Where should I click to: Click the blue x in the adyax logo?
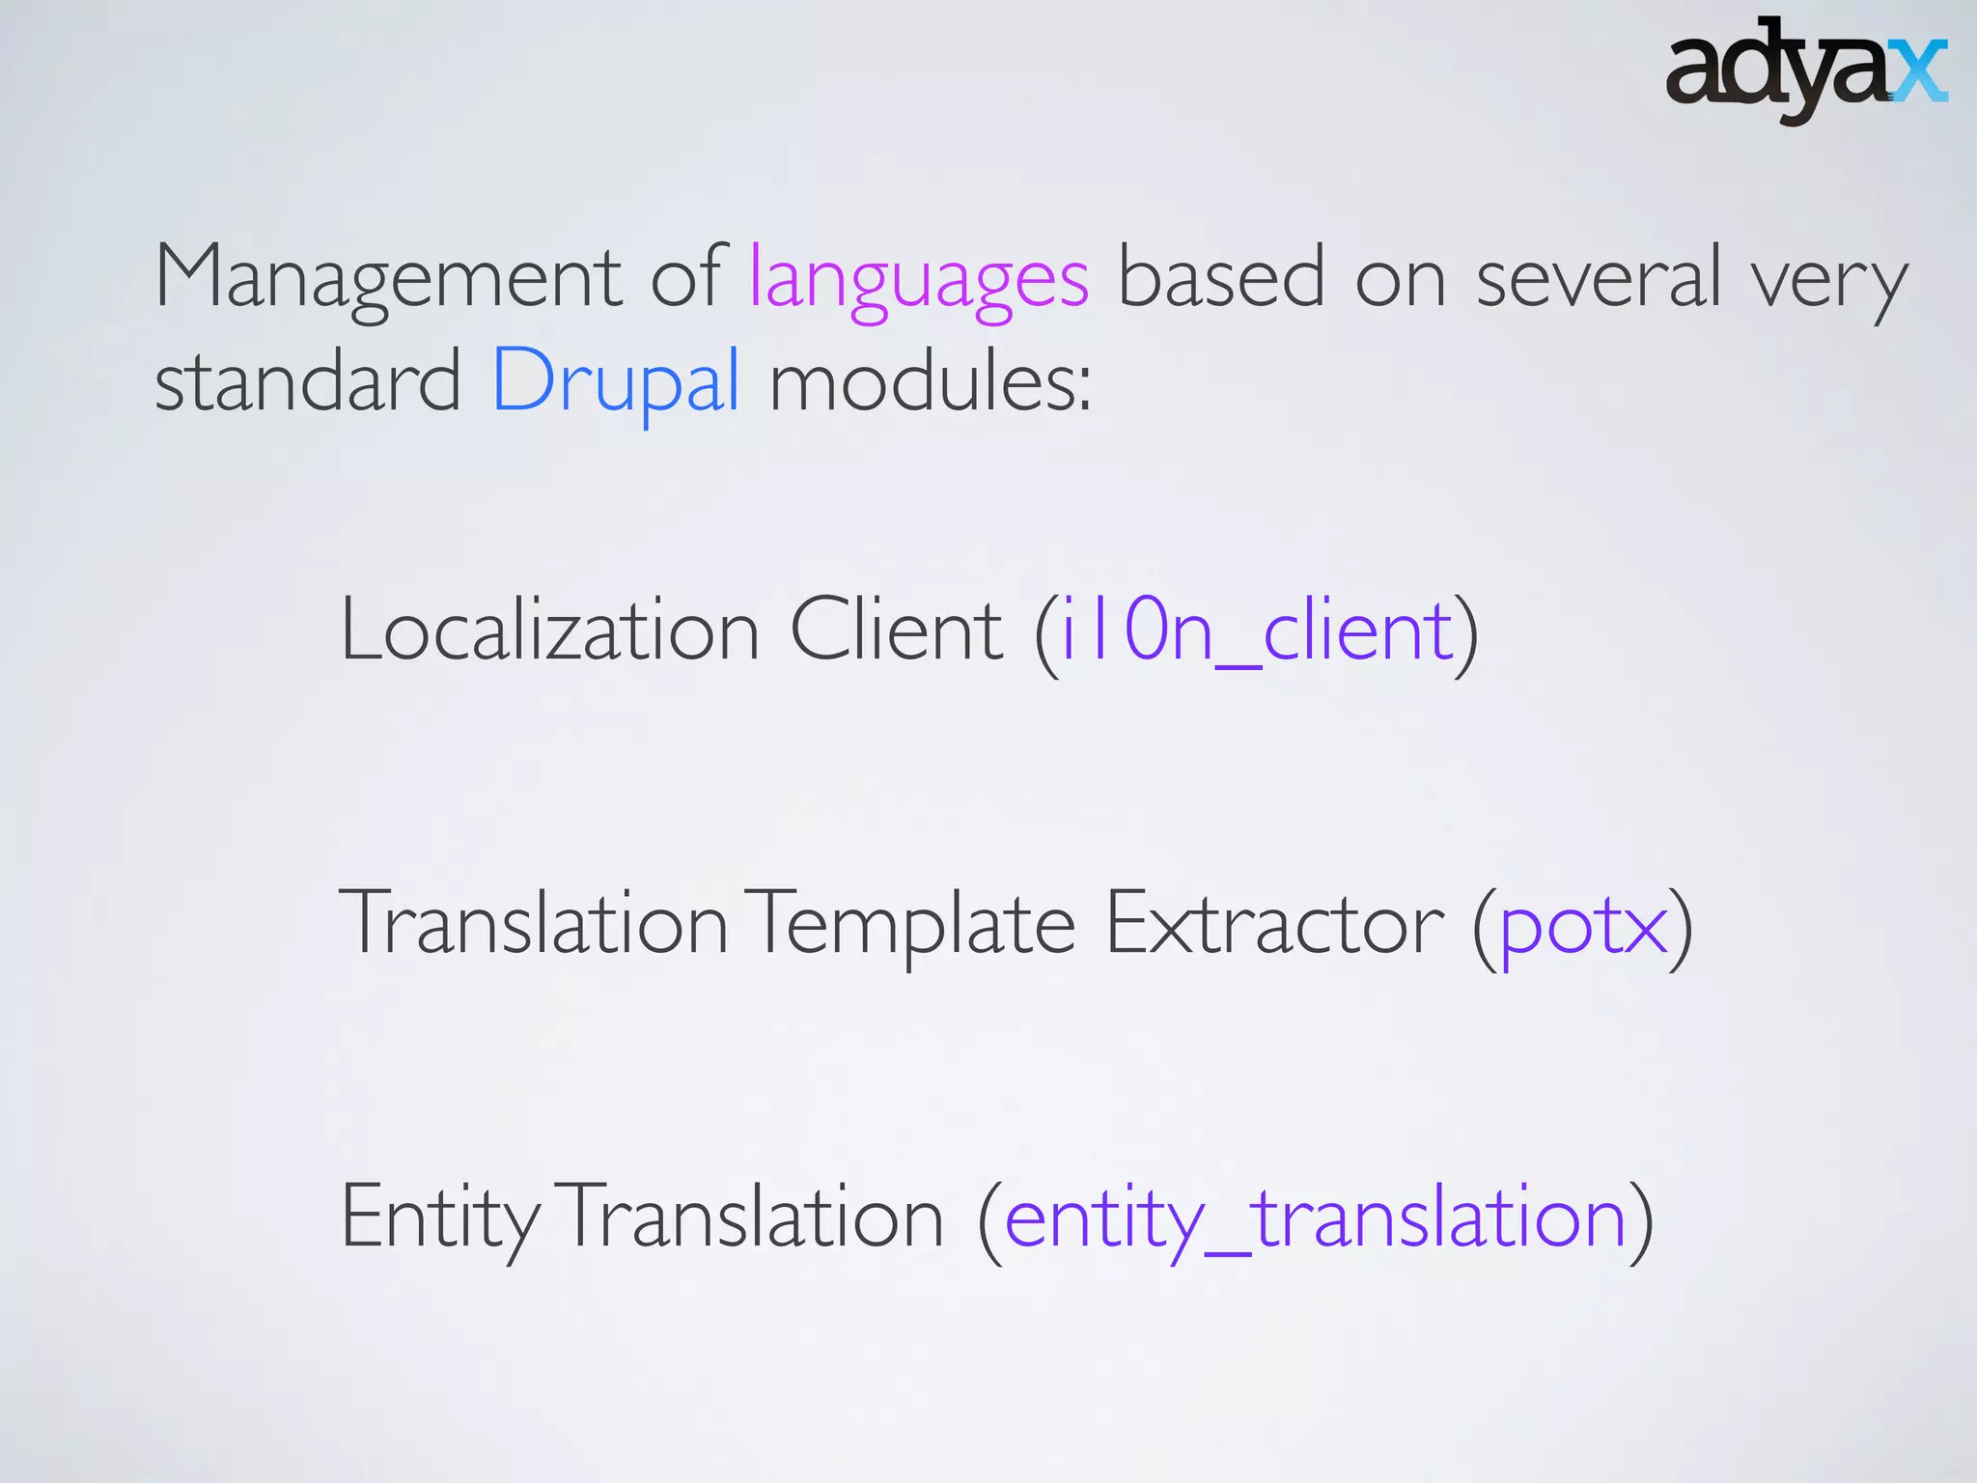[x=1918, y=71]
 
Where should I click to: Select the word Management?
[x=387, y=278]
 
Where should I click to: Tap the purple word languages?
[x=919, y=280]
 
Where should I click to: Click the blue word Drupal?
[x=616, y=382]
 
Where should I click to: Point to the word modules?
[x=930, y=382]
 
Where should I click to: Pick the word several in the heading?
[x=1599, y=278]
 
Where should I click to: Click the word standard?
[x=308, y=382]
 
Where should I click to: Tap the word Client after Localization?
[x=897, y=631]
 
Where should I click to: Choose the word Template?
[x=912, y=925]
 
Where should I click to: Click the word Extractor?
[x=1274, y=925]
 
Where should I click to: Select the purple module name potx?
[x=1583, y=927]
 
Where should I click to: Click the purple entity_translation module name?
[x=1315, y=1218]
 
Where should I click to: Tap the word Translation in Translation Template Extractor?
[x=534, y=925]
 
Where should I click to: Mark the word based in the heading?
[x=1221, y=278]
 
